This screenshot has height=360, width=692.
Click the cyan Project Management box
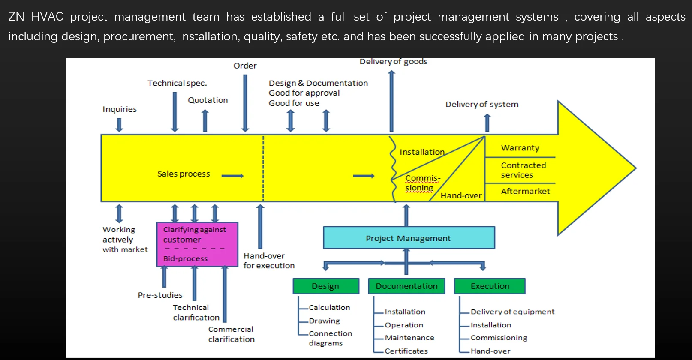[x=409, y=237]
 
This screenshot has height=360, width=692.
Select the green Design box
[x=326, y=286]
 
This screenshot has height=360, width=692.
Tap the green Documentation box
[x=406, y=286]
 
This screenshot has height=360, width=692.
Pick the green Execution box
[x=490, y=286]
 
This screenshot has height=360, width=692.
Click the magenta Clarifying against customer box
[x=197, y=244]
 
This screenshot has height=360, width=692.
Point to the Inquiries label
[x=120, y=109]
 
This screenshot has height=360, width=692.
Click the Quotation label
[x=208, y=100]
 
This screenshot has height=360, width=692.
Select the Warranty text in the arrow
[x=520, y=148]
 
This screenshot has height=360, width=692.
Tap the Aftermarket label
[x=525, y=192]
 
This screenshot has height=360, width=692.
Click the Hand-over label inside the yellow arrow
[x=461, y=195]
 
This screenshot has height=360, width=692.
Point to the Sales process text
[x=184, y=174]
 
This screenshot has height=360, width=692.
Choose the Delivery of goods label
[x=393, y=62]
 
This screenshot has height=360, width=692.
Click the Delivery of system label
[x=481, y=104]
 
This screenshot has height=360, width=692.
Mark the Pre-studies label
[x=160, y=295]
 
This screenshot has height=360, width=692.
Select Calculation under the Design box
[x=329, y=308]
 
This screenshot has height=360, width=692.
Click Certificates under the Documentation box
[x=406, y=351]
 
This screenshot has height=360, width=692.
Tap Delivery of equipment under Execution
[x=512, y=312]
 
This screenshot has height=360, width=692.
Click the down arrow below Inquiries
[x=119, y=125]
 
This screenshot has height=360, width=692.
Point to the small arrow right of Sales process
[x=233, y=176]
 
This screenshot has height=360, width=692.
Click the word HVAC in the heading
[x=47, y=16]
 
